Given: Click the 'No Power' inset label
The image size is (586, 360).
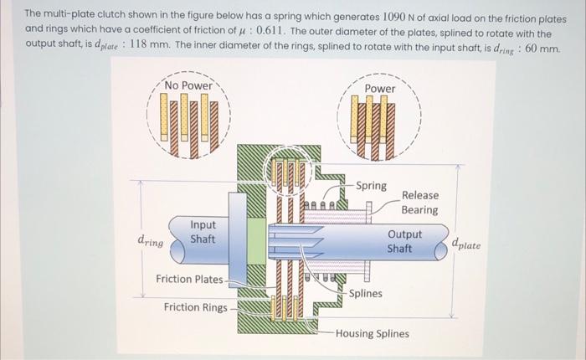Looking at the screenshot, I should (x=188, y=85).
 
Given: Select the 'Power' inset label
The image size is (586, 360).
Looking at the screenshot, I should (x=380, y=89).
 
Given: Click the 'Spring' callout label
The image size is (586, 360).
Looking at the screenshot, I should (x=371, y=186).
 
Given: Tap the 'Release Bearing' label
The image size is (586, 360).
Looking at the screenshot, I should (x=419, y=203).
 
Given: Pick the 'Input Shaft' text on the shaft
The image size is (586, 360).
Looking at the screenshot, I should (x=203, y=232).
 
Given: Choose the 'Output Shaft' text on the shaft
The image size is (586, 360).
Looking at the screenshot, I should (x=404, y=242).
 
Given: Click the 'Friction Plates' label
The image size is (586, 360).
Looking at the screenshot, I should (x=189, y=279).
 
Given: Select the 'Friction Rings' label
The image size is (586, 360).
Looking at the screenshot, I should (x=195, y=307).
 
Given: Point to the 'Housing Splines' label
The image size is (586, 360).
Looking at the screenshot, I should (x=373, y=333).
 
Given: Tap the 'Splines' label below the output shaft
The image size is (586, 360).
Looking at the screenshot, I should (x=366, y=293).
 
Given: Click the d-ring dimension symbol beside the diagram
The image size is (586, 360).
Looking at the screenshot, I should (x=150, y=240).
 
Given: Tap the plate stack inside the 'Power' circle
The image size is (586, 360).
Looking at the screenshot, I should (x=380, y=126).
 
